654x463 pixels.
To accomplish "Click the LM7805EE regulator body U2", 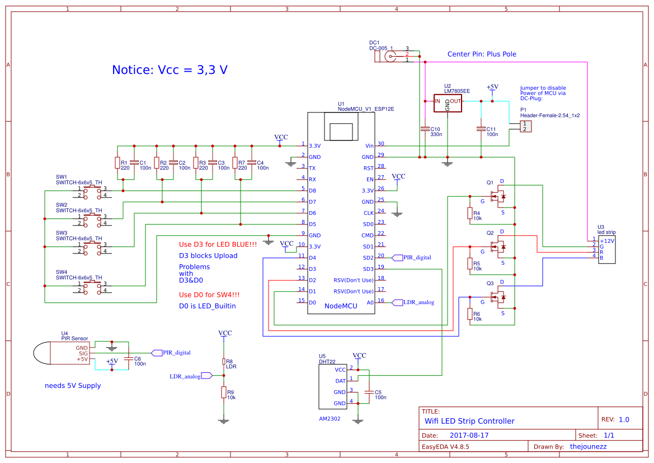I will click(448, 104).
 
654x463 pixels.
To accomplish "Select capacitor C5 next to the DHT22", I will click(369, 392).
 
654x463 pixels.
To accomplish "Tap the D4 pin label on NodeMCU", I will click(313, 258).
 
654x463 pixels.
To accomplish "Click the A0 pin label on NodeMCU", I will click(369, 302).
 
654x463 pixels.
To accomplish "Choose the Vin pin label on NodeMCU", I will click(369, 146).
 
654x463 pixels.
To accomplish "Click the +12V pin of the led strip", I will click(606, 241).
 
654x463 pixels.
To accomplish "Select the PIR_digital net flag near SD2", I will click(411, 258).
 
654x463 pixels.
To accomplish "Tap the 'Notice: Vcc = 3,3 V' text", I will click(170, 70).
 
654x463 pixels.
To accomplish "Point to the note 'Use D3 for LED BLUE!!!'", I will click(218, 245).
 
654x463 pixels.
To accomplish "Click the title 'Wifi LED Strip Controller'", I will click(469, 421).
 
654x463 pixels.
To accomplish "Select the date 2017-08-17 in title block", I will click(469, 435).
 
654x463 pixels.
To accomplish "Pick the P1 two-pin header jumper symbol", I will click(525, 127).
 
